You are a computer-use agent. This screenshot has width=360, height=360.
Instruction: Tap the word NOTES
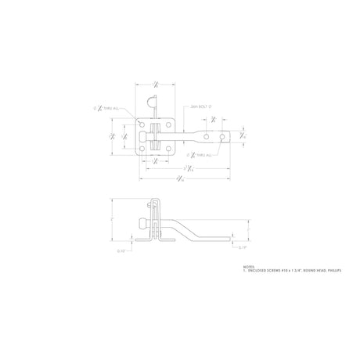pos(249,267)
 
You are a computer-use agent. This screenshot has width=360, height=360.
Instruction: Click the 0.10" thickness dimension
pos(121,250)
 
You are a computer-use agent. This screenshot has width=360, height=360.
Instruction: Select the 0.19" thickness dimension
pos(243,248)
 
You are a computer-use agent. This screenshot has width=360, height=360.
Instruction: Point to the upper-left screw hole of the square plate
pos(141,122)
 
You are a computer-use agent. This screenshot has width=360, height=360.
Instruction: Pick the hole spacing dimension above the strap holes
pos(214,120)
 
